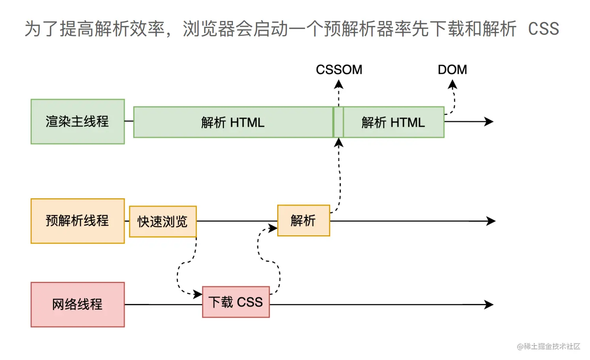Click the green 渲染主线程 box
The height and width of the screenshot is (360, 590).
coord(78,122)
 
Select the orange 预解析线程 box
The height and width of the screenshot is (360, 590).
coord(78,221)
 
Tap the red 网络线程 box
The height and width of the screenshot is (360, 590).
coord(78,304)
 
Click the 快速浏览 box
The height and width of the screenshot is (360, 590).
coord(163,221)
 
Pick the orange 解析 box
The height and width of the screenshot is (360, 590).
coord(303,221)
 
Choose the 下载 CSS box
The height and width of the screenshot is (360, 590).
coord(236,302)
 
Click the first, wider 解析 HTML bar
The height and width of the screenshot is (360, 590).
coord(233,122)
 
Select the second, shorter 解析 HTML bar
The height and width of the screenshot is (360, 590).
coord(393,122)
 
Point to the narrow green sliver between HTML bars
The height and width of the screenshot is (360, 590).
coord(338,122)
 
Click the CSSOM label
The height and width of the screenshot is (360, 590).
coord(339,70)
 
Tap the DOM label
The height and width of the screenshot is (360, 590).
coord(452,70)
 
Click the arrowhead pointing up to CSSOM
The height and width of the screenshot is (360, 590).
coord(339,84)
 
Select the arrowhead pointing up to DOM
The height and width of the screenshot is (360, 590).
coord(453,84)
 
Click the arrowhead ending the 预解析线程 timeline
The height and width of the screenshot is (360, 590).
coord(491,221)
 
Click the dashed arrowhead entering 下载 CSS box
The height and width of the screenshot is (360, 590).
coord(197,294)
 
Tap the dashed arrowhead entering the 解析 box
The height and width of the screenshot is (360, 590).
coord(273,228)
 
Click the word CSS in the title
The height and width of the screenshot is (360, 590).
coord(543,29)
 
